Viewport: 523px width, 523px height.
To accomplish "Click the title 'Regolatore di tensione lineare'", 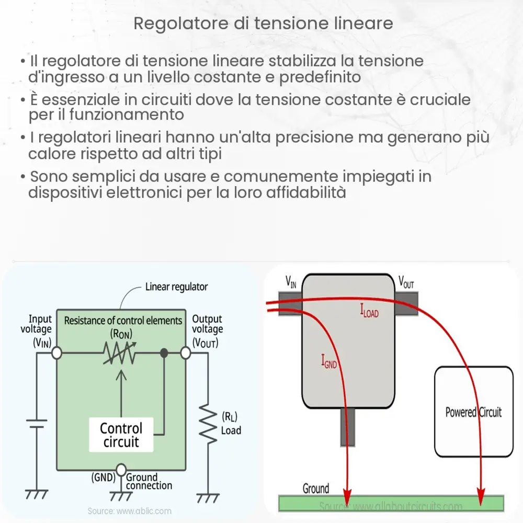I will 263,24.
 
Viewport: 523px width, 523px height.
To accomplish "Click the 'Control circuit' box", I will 121,435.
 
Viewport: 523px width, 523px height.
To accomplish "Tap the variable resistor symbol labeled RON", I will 120,354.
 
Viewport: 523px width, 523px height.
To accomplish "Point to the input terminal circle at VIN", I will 56,354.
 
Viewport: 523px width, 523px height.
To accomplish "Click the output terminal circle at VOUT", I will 185,354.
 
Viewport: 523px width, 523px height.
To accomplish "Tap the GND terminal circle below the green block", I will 121,469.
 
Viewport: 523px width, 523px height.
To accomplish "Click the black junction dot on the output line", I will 164,354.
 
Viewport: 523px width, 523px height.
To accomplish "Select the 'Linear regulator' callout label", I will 176,287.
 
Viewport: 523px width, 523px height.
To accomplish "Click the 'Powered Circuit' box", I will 473,412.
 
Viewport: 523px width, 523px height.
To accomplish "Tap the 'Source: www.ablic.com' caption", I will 129,511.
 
